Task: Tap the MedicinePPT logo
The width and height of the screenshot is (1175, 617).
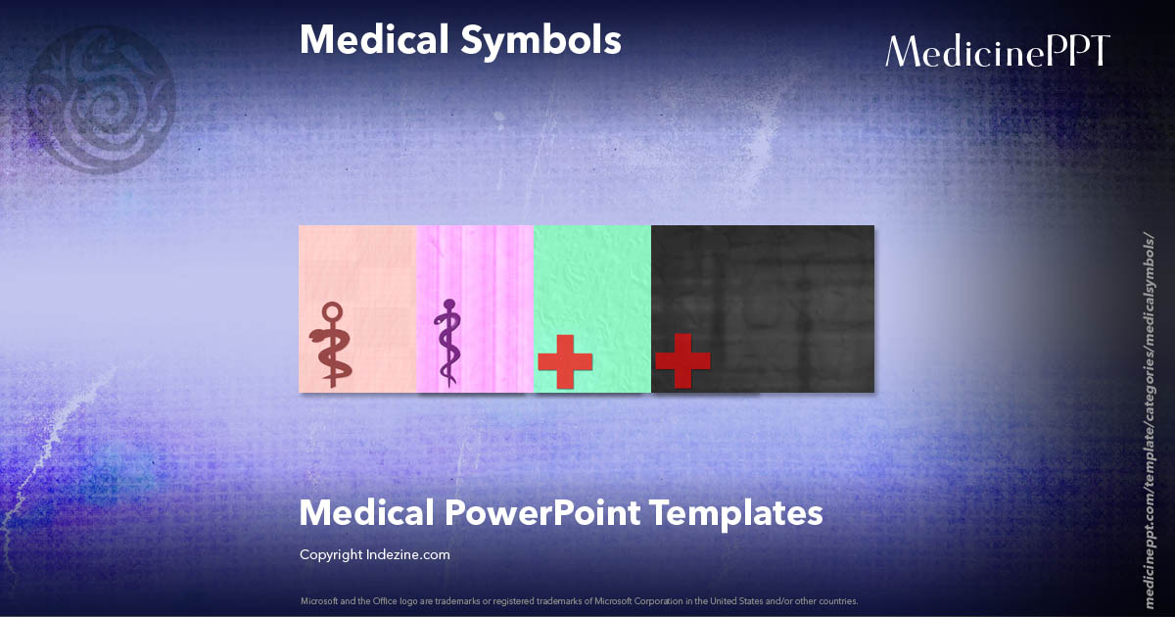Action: click(997, 51)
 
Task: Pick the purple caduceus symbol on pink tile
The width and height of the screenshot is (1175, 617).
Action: click(448, 342)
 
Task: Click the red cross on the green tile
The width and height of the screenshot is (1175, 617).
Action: click(565, 361)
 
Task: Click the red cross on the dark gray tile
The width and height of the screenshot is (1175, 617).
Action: click(681, 361)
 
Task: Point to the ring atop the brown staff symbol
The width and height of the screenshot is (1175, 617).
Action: click(333, 312)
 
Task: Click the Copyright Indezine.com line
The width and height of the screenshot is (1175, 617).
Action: click(374, 554)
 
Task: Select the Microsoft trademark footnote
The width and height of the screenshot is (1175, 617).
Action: click(579, 600)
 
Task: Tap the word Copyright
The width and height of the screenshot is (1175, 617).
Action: click(331, 554)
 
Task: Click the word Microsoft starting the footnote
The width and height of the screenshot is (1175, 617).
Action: click(319, 600)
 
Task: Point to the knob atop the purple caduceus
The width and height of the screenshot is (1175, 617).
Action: click(449, 305)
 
